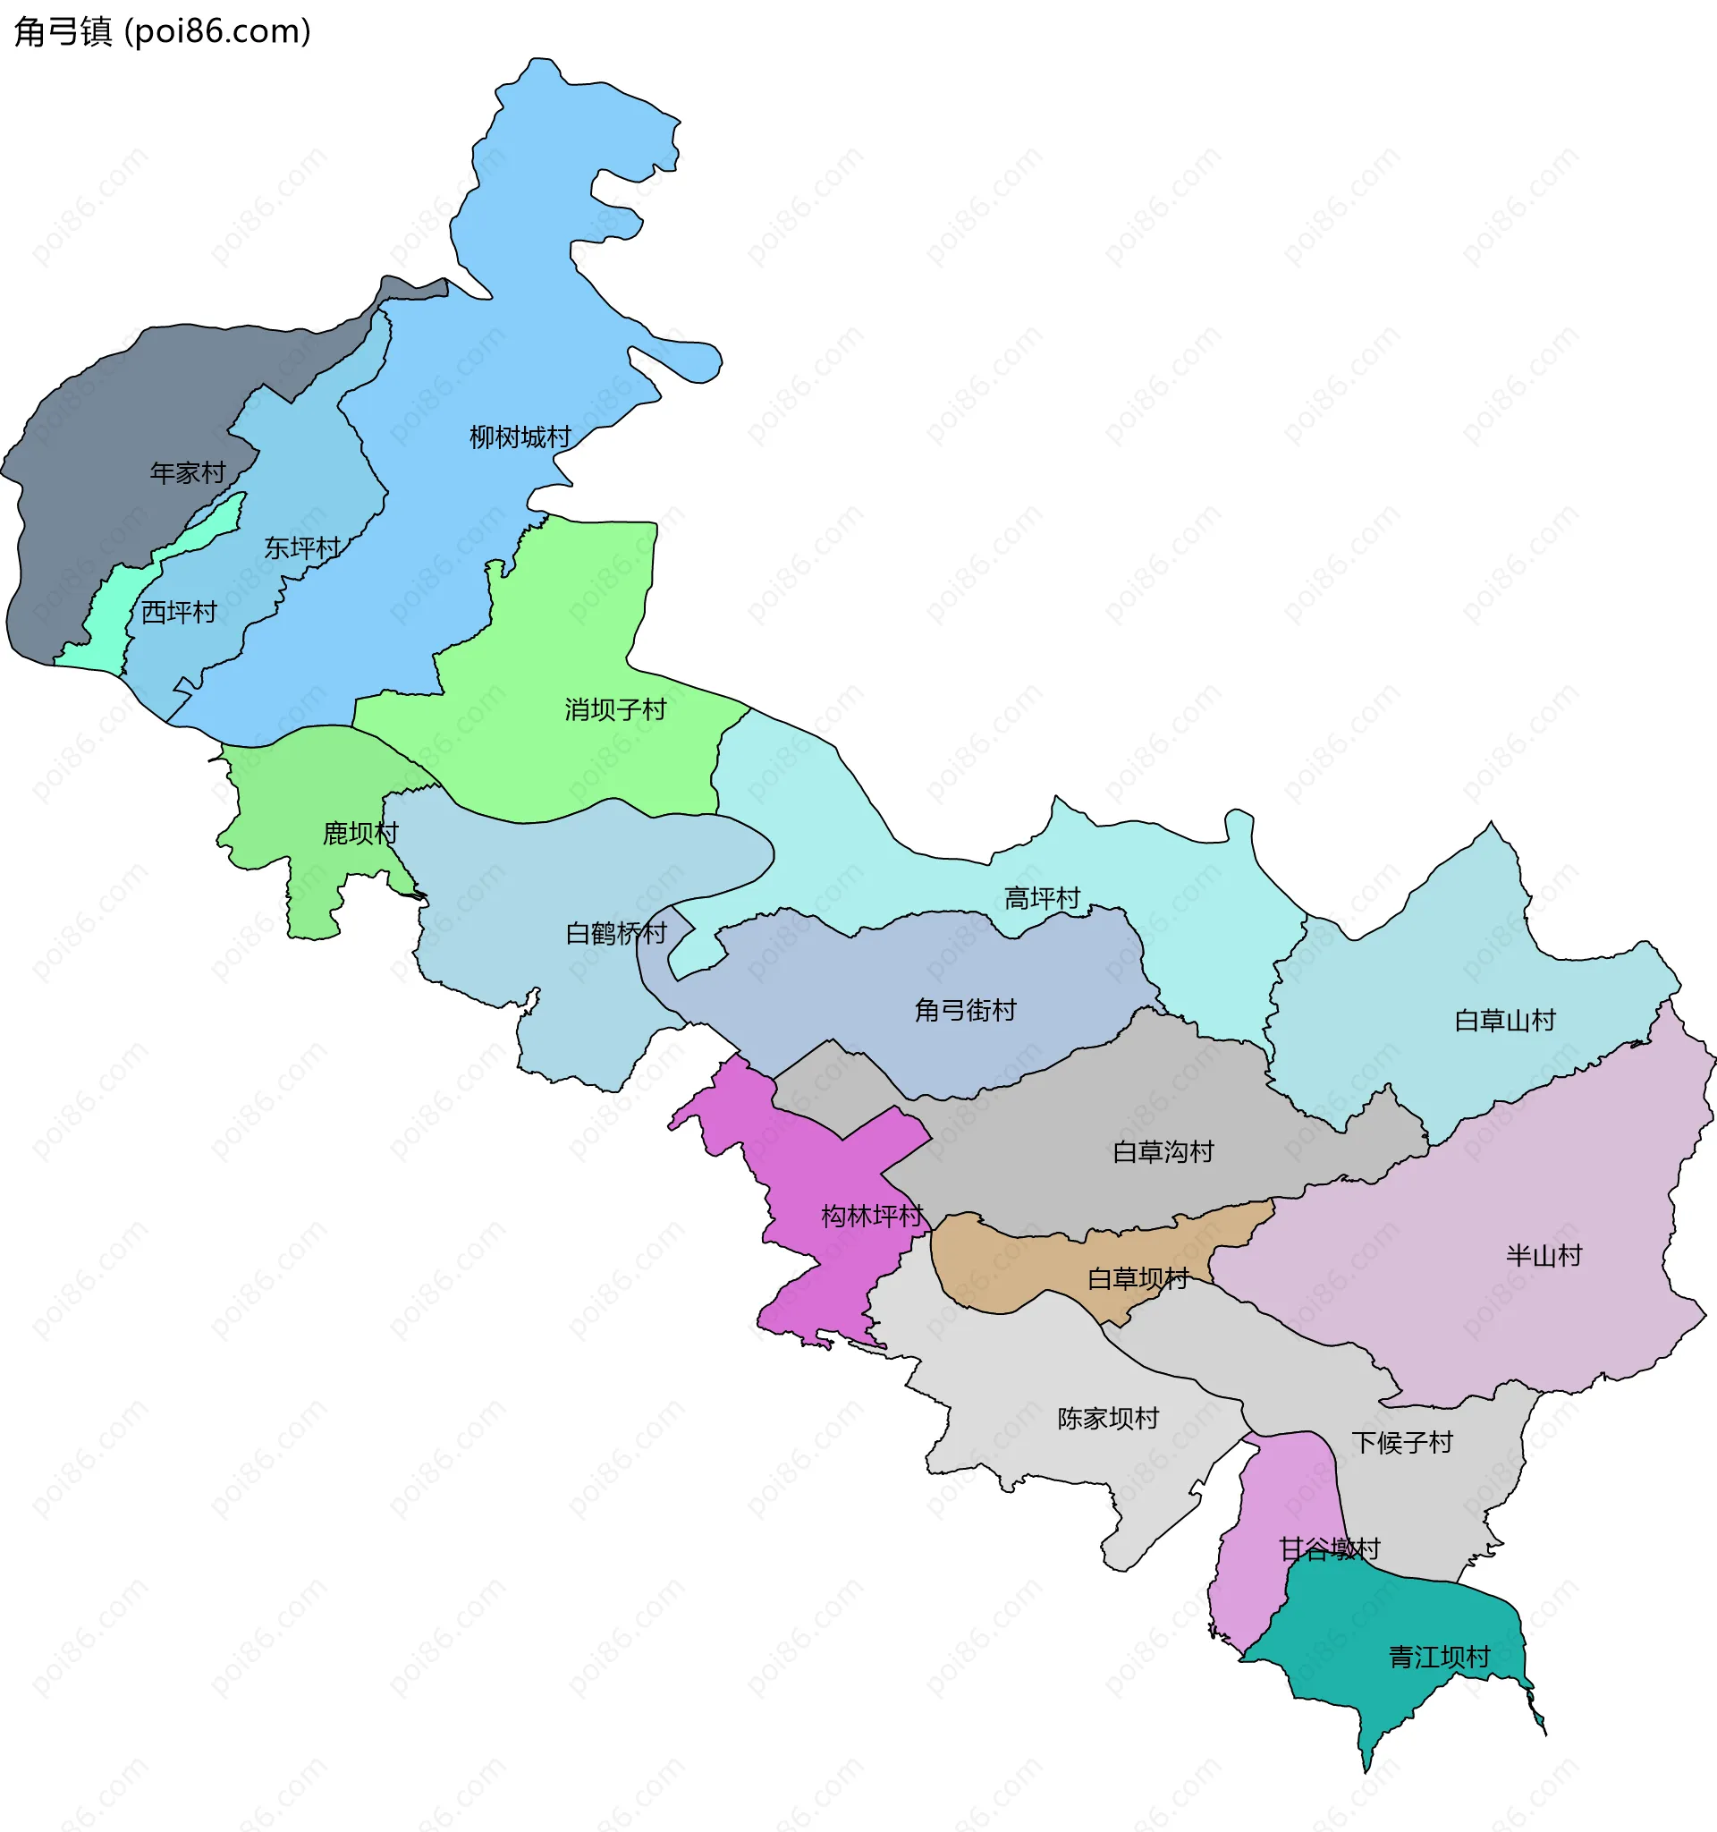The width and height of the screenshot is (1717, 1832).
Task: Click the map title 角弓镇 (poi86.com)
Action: (x=162, y=31)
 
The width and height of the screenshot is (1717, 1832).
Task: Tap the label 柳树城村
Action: (x=520, y=437)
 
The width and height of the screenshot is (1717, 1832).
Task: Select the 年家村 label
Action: (x=188, y=472)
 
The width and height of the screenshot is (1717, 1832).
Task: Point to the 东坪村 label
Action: (x=302, y=548)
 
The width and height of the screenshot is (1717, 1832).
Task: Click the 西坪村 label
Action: (x=179, y=612)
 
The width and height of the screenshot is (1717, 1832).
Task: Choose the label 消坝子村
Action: (x=615, y=709)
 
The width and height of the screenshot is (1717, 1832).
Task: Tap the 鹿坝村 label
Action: (x=360, y=833)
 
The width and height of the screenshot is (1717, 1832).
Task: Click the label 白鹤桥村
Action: (x=616, y=934)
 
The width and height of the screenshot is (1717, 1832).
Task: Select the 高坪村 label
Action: (x=1042, y=897)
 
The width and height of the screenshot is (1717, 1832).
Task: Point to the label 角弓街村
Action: (x=965, y=1010)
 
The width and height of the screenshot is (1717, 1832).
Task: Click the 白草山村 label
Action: (x=1505, y=1020)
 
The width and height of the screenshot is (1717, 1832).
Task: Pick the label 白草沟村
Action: (x=1163, y=1152)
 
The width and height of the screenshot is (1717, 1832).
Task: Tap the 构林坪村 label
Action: (x=871, y=1217)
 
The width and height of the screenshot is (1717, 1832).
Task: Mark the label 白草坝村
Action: (x=1138, y=1278)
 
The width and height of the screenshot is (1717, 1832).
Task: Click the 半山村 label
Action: (x=1544, y=1255)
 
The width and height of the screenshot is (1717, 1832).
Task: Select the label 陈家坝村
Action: (x=1108, y=1418)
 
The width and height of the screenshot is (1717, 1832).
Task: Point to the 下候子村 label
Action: (x=1402, y=1442)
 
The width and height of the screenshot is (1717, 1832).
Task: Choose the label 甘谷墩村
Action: (x=1329, y=1549)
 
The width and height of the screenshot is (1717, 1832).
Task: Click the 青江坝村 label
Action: (x=1439, y=1657)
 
